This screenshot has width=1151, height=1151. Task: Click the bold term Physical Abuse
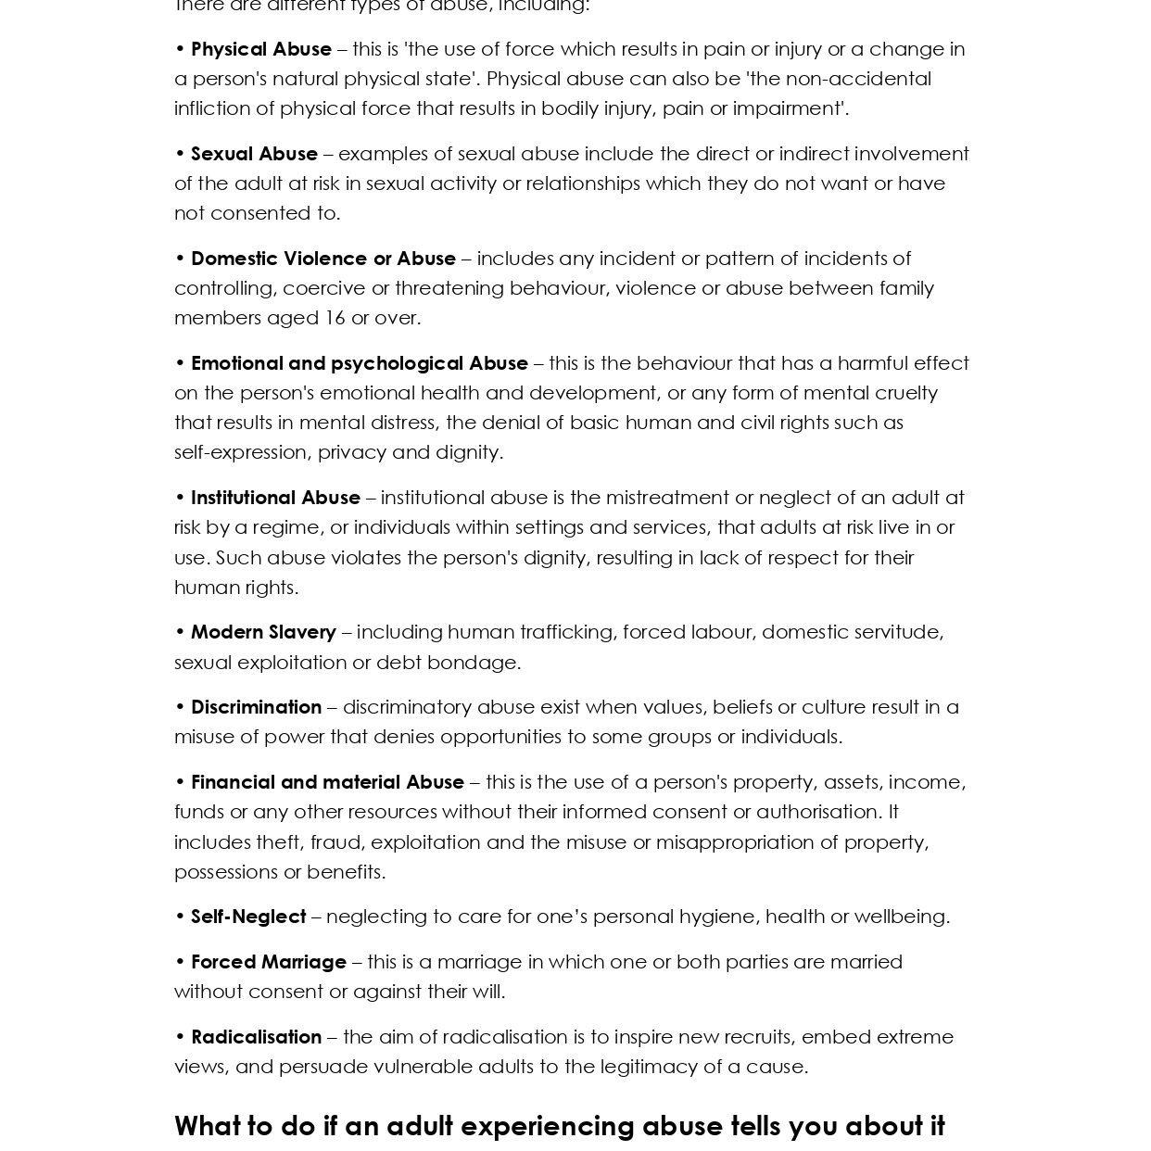point(260,49)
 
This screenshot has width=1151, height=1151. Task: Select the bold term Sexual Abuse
point(254,154)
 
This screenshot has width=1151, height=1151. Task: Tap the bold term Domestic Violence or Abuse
point(323,259)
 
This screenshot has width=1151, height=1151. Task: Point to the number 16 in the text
point(335,318)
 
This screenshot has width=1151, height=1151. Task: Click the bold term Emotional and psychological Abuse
point(359,363)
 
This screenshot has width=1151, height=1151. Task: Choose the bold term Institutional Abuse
point(275,498)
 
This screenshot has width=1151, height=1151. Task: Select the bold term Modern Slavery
point(263,632)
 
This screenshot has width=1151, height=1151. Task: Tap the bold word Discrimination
point(256,707)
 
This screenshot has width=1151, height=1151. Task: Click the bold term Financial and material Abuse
point(327,782)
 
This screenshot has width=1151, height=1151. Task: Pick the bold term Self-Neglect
point(248,917)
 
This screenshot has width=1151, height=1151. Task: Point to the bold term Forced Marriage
point(268,962)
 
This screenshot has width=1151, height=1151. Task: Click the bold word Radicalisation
point(256,1037)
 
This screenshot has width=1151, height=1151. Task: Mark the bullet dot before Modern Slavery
point(180,632)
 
